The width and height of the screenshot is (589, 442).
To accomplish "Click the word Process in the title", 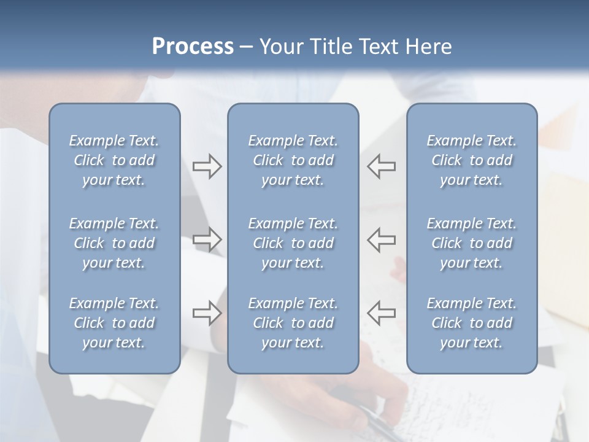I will pos(193,47).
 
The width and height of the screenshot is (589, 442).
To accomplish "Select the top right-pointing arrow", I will pos(207,166).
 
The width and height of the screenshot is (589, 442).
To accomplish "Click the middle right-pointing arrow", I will pos(207,239).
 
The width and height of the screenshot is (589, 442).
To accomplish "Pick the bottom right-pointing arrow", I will pos(207,313).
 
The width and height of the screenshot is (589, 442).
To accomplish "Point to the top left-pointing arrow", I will pos(381,166).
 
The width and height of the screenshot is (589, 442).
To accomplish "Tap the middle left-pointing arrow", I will pos(381,239).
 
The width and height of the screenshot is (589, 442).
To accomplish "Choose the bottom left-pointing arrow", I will pos(381,313).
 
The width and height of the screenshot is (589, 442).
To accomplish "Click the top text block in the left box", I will pos(114,160).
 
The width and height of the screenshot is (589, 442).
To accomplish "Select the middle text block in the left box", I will pos(114,243).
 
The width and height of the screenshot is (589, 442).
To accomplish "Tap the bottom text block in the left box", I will pos(114,323).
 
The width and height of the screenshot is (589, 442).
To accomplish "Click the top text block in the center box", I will pos(293,160).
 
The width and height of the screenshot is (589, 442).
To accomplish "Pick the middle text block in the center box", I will pos(293,243).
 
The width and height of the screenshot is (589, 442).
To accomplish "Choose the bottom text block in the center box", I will pos(293,323).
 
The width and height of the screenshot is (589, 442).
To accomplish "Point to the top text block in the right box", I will pos(472,160).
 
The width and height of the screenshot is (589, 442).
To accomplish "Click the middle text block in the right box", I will pos(472,243).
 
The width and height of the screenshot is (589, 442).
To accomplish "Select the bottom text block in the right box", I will pos(472,323).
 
